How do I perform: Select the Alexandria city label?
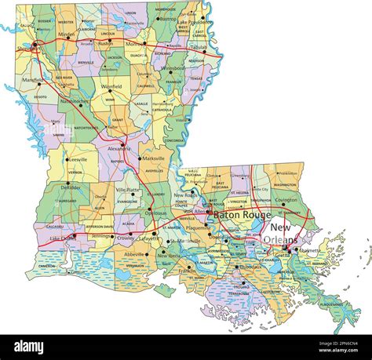pos(119,147)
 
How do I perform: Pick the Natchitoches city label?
pos(73,101)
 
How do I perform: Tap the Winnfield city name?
pos(112,86)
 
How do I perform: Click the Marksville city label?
pos(154,158)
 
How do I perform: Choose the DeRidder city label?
pos(71,188)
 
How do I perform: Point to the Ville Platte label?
pos(129,190)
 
